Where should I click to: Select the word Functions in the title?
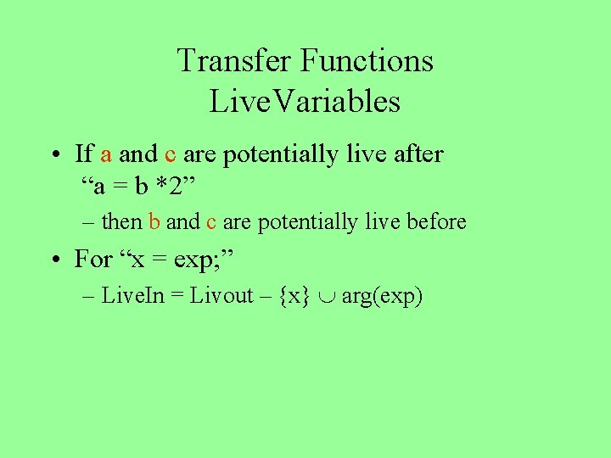367,61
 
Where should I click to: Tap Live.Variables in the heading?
305,102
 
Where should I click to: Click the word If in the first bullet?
84,154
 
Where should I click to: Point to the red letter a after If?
107,154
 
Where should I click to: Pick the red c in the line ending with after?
170,154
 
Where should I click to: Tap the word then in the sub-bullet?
122,222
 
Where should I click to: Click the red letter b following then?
154,222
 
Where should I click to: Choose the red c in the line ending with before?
210,222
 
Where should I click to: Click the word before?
436,222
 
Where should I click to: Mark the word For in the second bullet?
93,258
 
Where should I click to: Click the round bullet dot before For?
54,259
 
